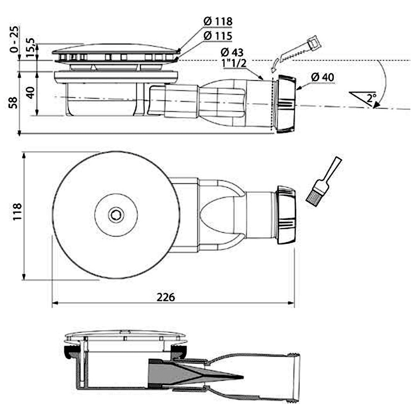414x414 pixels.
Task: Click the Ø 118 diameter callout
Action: point(218,22)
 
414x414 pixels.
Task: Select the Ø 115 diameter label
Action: point(218,36)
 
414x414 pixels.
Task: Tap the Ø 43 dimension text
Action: point(232,52)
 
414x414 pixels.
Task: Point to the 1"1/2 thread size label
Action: point(234,63)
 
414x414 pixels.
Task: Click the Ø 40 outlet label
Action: point(323,77)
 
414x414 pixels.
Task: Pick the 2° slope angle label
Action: point(371,98)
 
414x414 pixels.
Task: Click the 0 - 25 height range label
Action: point(14,39)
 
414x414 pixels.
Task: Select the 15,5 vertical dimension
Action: point(30,48)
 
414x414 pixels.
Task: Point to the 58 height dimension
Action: point(13,103)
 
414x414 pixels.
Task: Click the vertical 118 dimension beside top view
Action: point(17,212)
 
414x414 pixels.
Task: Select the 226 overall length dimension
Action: point(166,297)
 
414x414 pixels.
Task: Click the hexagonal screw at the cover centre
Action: point(116,215)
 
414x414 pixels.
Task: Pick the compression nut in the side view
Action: point(286,104)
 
